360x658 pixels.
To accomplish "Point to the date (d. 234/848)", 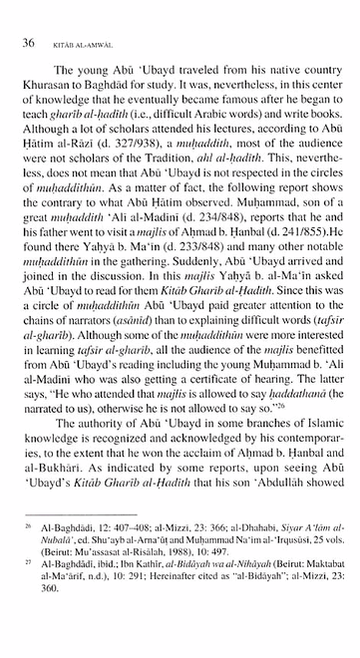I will pyautogui.click(x=222, y=232).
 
